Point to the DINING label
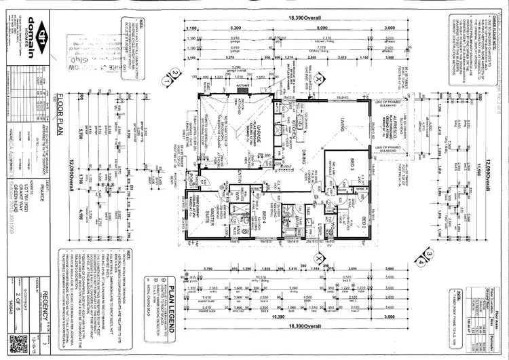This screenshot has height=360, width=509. (x=307, y=153)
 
